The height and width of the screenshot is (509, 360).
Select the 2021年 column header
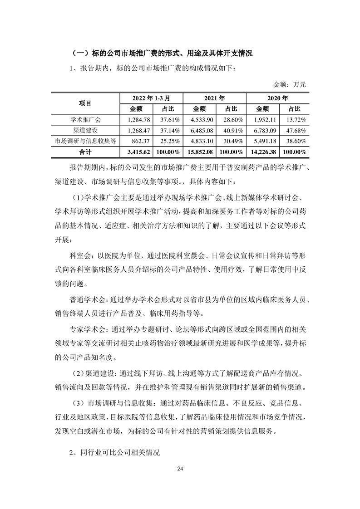[214, 98]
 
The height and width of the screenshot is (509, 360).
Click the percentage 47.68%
[294, 130]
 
